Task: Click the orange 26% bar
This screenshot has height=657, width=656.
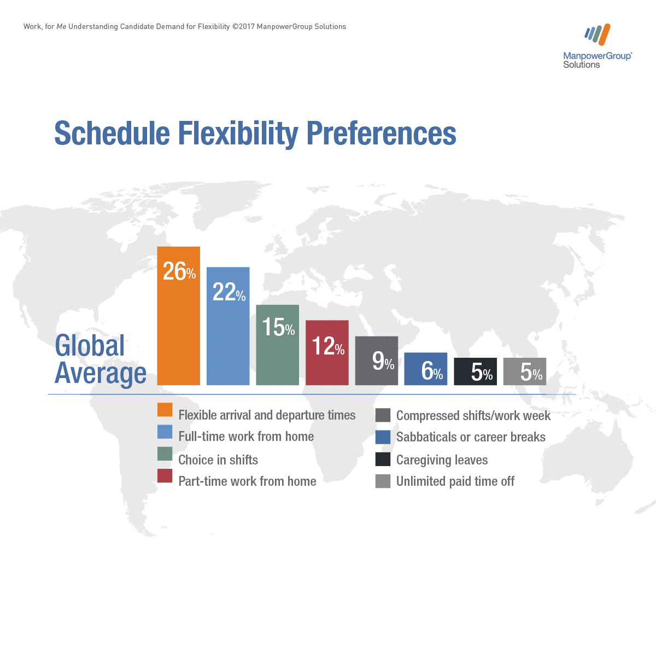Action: [179, 316]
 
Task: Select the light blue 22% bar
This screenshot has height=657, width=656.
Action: [228, 326]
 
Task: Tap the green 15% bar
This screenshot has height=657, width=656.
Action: [277, 345]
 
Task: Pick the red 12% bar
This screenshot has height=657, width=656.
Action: [327, 352]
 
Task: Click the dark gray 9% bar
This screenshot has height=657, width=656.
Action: [377, 361]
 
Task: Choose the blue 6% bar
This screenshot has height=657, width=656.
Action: [426, 369]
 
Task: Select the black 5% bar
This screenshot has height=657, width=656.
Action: [476, 371]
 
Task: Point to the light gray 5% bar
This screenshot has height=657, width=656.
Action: [525, 371]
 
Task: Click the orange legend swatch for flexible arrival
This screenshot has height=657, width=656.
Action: [165, 410]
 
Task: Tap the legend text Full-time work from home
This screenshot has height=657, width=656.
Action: [246, 437]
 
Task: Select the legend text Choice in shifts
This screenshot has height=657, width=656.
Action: [218, 460]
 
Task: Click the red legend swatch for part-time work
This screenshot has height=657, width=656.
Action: [165, 475]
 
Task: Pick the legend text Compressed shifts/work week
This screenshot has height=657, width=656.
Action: [473, 416]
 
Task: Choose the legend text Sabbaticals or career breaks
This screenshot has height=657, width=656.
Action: [471, 437]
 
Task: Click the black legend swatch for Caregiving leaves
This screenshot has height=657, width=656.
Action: [383, 460]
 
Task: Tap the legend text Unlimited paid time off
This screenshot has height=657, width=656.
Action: [455, 481]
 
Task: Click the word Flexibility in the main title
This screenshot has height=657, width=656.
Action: [238, 133]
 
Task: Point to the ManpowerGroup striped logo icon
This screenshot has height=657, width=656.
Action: [598, 34]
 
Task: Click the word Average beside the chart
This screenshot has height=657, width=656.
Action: [101, 374]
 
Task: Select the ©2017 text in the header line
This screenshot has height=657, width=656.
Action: [243, 27]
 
